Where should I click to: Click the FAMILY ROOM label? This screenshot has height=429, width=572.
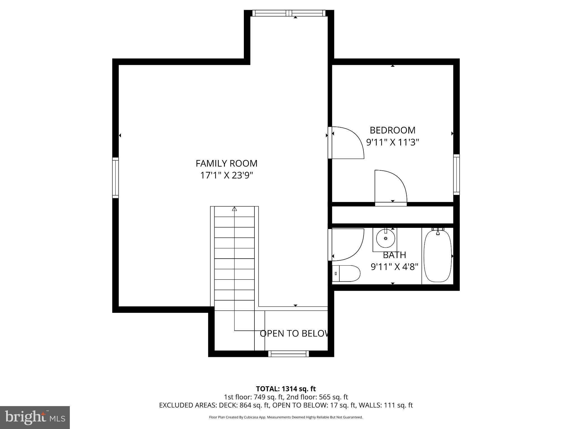click(x=226, y=163)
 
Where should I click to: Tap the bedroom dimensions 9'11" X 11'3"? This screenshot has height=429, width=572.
click(x=392, y=142)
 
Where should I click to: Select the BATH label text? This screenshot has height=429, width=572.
click(x=394, y=255)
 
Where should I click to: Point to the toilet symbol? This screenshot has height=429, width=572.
click(x=346, y=273)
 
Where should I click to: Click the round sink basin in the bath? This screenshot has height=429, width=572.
click(x=385, y=238)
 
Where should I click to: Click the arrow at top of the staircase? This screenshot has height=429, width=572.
click(x=234, y=209)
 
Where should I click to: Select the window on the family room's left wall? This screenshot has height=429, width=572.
click(x=115, y=178)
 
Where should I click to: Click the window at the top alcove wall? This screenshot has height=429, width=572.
click(x=289, y=13)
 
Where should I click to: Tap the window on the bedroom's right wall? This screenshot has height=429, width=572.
click(x=456, y=174)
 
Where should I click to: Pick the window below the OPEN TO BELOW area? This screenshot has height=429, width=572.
click(x=289, y=354)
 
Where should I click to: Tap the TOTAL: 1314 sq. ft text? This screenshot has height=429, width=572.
click(x=286, y=389)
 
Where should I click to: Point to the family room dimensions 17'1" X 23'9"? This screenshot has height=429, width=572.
click(x=227, y=176)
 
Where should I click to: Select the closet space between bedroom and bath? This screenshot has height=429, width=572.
click(x=392, y=215)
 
